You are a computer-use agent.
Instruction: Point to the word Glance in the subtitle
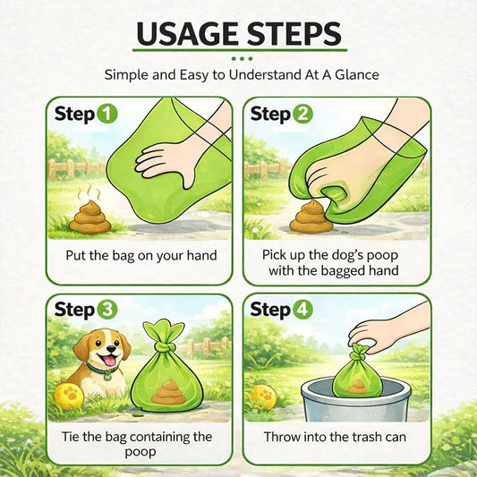click(352, 75)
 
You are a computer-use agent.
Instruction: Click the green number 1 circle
click(106, 114)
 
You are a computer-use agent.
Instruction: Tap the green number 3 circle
click(106, 310)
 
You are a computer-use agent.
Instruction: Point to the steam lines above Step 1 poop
click(89, 192)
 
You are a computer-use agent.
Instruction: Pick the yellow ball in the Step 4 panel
click(263, 396)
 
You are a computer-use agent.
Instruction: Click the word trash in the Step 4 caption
click(353, 438)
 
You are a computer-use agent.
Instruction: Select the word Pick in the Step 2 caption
click(277, 254)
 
